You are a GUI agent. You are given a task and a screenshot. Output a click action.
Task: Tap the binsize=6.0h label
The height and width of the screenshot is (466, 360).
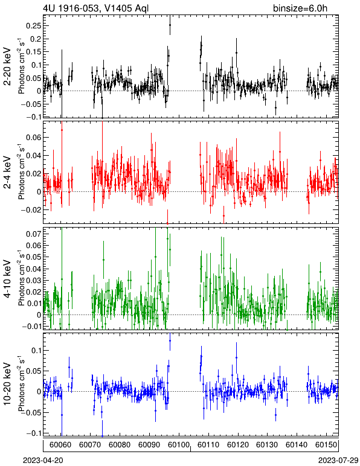[x=300, y=8]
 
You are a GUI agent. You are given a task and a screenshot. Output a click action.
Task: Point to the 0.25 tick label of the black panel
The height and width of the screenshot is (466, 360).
[x=33, y=26]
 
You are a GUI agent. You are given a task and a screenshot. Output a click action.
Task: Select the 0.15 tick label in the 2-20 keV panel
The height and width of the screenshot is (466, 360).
[x=33, y=52]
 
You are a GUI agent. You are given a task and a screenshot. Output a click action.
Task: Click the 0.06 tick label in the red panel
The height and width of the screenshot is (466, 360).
[x=33, y=137]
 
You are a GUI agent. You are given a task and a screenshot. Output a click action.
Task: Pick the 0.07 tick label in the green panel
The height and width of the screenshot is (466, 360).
[x=33, y=234]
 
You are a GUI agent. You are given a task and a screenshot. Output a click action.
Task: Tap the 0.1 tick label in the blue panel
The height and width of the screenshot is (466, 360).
[x=36, y=350]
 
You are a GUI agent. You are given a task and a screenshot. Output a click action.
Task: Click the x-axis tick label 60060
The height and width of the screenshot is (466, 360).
[x=60, y=445]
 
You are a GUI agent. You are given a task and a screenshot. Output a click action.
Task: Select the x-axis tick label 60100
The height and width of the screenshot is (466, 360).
[x=179, y=445]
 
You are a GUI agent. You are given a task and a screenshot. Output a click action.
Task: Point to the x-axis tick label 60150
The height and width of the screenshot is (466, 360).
[x=326, y=445]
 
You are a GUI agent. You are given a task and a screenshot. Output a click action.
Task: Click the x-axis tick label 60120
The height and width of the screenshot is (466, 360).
[x=237, y=445]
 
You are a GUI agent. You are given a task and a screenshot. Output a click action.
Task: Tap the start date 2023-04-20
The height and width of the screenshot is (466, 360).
[x=43, y=461]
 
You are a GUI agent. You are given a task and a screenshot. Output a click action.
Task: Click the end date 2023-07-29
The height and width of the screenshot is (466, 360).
[x=338, y=461]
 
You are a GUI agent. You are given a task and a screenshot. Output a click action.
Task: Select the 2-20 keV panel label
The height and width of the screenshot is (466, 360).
[x=8, y=67]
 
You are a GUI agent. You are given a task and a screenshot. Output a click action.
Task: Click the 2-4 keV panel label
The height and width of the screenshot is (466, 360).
[x=8, y=173]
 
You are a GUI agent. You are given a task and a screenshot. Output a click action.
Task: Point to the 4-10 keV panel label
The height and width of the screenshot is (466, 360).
[x=8, y=279]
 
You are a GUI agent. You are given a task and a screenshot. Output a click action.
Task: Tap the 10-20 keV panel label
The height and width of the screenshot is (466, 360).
[x=8, y=384]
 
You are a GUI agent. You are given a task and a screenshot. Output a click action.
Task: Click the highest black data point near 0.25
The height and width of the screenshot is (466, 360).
[x=170, y=25]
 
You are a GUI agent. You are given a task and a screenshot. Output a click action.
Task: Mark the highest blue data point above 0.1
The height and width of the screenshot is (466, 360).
[x=170, y=340]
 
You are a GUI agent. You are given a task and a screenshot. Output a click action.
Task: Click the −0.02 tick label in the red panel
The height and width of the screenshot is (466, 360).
[x=31, y=210]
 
